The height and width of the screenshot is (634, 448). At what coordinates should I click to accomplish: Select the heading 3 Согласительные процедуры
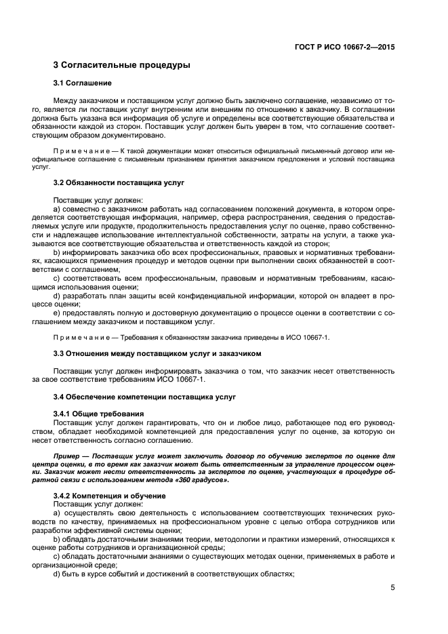121,65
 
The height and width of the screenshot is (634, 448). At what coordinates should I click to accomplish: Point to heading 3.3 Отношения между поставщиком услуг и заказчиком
157,353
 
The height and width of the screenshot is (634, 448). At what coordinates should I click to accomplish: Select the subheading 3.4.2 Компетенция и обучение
110,496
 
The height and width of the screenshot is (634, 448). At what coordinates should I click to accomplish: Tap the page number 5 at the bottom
392,588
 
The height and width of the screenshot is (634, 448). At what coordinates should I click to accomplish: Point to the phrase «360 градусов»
201,479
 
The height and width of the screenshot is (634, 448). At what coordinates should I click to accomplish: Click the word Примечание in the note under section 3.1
76,149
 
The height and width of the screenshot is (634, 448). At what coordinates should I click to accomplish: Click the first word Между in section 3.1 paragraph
66,100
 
